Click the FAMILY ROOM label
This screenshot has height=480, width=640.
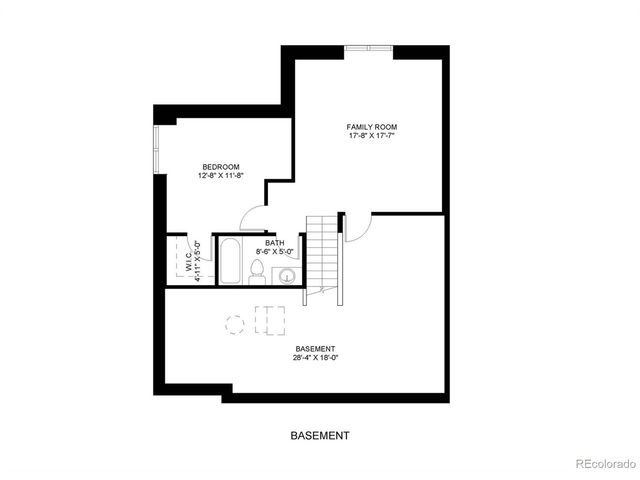372,127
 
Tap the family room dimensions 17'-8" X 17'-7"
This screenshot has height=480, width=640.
372,136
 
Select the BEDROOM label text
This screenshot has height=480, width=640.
220,166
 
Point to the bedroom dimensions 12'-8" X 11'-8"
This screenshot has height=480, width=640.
220,175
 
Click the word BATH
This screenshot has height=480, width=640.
275,243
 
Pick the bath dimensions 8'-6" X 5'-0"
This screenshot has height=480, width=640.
275,252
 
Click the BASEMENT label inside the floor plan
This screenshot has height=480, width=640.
315,348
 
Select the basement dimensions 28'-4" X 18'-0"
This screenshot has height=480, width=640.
315,357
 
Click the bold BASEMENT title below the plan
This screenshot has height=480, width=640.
320,436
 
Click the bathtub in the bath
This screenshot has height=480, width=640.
230,262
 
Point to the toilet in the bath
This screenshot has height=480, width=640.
257,271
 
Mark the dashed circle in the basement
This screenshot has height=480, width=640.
235,323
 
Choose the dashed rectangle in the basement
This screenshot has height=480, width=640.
271,320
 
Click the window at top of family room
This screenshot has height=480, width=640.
369,48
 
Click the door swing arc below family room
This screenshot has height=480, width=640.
356,228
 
